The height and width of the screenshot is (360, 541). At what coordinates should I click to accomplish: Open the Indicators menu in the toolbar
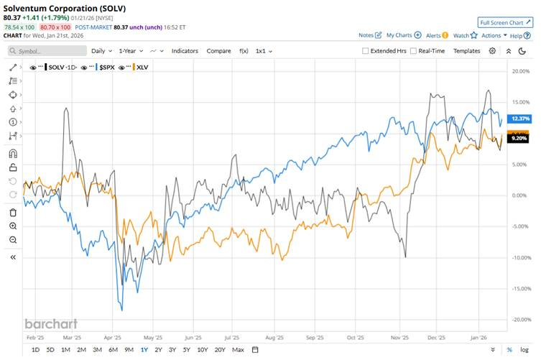click(x=185, y=51)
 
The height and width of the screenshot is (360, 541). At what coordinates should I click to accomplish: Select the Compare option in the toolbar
click(x=218, y=51)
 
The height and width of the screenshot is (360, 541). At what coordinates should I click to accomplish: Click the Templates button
click(x=466, y=51)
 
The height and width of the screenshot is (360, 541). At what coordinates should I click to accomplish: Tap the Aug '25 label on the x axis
click(x=274, y=336)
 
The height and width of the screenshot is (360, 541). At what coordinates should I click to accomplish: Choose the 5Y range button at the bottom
click(x=186, y=350)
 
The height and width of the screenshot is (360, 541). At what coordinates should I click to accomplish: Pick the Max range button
click(x=238, y=350)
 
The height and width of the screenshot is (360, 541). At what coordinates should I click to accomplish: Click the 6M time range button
click(x=113, y=350)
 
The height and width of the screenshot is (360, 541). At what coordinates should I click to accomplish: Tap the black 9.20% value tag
click(x=518, y=139)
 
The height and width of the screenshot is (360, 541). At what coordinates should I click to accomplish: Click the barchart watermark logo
click(x=50, y=323)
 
